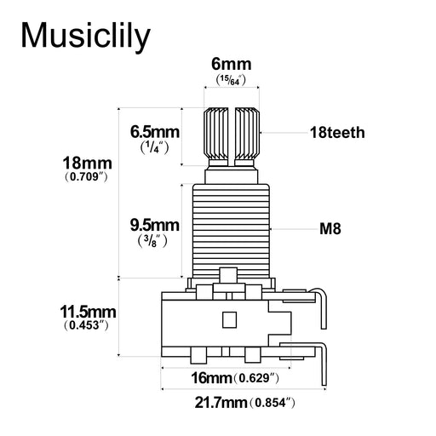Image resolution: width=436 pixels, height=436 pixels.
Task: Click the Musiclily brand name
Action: pos(85,36)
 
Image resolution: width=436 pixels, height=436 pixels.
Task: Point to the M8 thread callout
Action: pos(330,229)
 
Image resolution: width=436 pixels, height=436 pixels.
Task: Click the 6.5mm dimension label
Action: pos(154,132)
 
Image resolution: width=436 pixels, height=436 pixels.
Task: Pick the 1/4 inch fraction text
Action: pos(154,147)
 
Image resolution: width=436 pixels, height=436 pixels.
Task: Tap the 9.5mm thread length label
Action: pos(154,225)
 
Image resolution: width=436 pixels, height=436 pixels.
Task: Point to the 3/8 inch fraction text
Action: pos(154,241)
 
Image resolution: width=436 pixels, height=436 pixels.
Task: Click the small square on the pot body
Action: pos(227,320)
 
